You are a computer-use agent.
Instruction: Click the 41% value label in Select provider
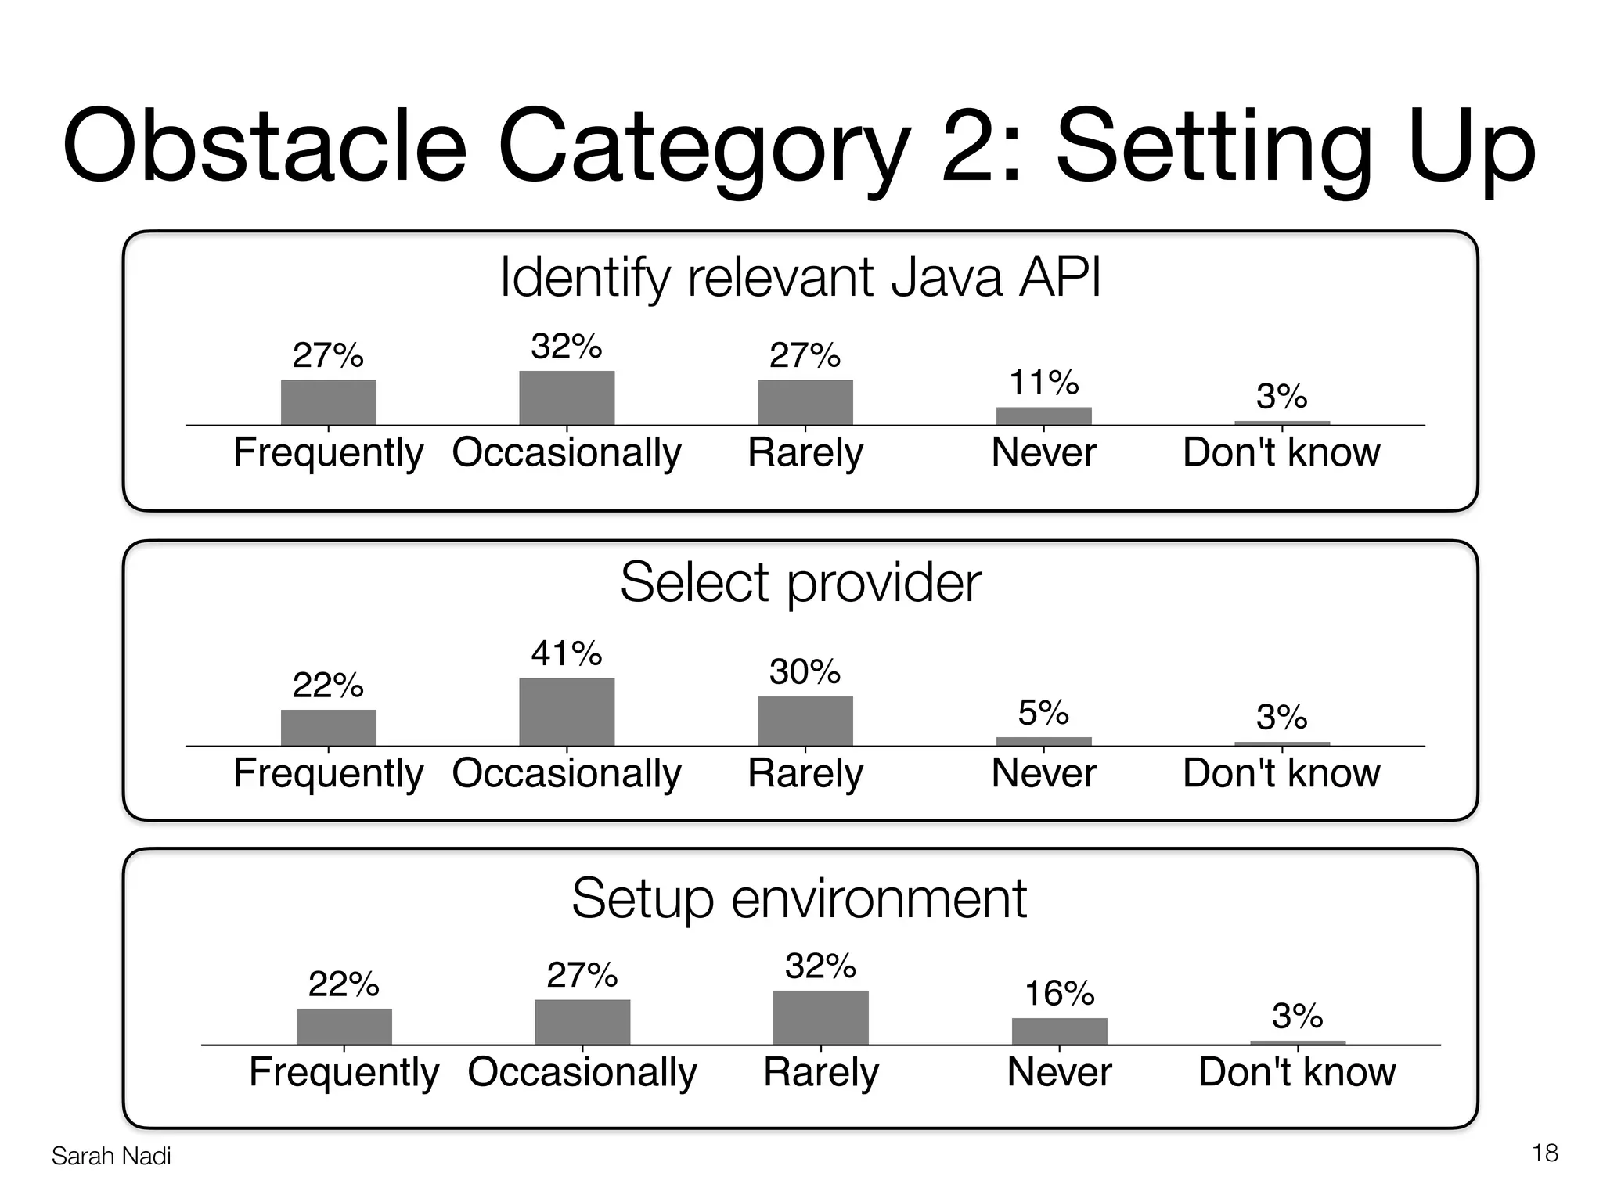tap(566, 653)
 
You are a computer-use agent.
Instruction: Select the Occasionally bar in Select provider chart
tap(566, 711)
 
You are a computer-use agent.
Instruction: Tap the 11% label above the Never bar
tap(1043, 383)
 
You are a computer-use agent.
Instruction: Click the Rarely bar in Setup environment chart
tap(820, 1017)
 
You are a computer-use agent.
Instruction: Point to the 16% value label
tap(1059, 994)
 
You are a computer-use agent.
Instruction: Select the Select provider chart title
tap(800, 583)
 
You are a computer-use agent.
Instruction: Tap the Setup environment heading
tap(798, 898)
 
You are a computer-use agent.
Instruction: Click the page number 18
tap(1545, 1153)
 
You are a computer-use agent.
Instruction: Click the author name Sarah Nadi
tap(111, 1157)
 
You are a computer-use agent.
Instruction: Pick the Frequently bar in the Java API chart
tap(328, 402)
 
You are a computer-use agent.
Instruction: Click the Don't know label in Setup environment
tap(1297, 1072)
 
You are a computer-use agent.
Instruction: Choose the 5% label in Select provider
tap(1043, 713)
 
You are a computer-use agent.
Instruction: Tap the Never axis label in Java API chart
tap(1043, 453)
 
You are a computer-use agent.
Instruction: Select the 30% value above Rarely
tap(805, 672)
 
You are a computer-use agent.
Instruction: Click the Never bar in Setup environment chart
tap(1059, 1031)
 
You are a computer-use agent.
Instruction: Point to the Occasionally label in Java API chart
tap(566, 453)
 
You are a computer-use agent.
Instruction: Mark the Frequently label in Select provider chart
tap(328, 774)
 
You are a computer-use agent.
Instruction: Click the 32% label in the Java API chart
tap(566, 347)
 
